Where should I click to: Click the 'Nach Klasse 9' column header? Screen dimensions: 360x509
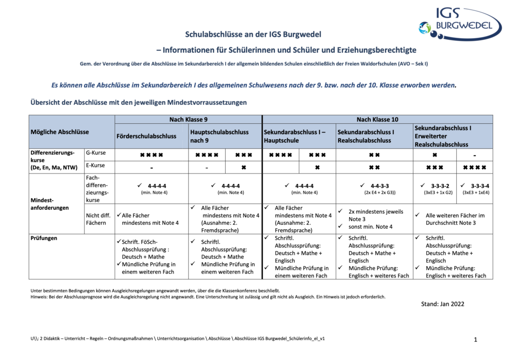[x=188, y=119]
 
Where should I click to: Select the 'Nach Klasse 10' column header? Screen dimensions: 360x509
[x=377, y=119]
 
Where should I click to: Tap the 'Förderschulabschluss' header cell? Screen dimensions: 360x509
[x=146, y=136]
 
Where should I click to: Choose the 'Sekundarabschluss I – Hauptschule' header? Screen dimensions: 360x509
[x=294, y=136]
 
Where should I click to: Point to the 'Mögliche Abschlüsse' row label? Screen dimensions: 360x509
[x=60, y=132]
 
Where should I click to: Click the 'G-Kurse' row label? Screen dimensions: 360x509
[x=96, y=153]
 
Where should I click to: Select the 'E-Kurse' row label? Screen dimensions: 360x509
[x=96, y=165]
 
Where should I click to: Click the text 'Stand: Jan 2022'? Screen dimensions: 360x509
[x=442, y=304]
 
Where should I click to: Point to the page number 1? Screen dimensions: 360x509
[x=475, y=340]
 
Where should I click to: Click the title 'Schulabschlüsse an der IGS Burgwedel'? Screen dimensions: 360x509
[x=253, y=34]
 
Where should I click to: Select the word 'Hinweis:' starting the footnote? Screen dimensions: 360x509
[x=40, y=297]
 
